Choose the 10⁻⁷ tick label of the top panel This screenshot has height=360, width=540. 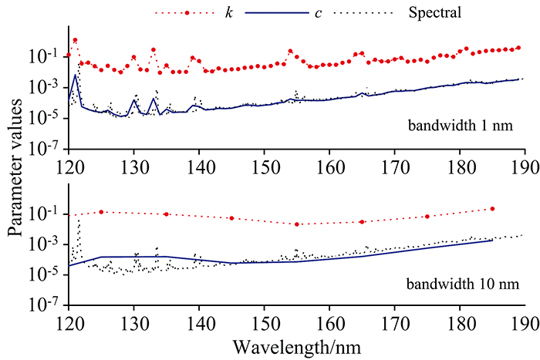pyautogui.click(x=46, y=148)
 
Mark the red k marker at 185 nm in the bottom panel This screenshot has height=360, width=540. pyautogui.click(x=492, y=209)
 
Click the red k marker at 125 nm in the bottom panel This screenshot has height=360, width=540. pyautogui.click(x=101, y=212)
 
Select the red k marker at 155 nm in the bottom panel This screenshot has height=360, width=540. pyautogui.click(x=297, y=224)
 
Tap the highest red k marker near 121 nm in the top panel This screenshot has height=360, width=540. pyautogui.click(x=75, y=40)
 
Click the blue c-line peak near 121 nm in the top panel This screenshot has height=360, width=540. pyautogui.click(x=75, y=75)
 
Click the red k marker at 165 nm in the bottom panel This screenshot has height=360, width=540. pyautogui.click(x=362, y=222)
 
